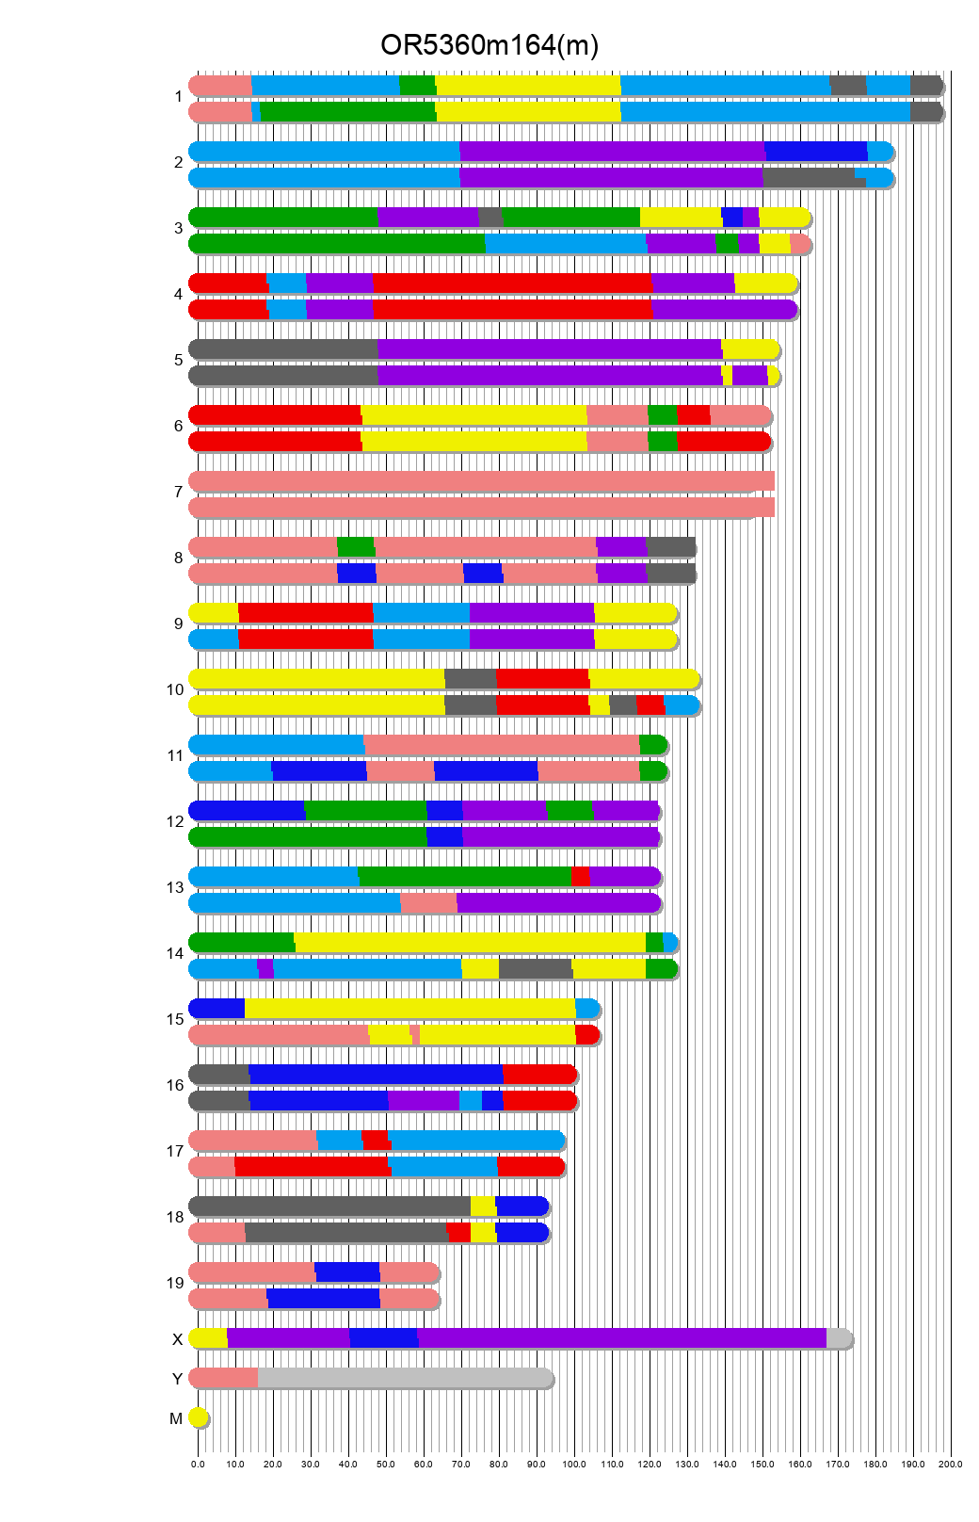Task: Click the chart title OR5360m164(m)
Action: tap(489, 45)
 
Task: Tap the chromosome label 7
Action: tap(178, 492)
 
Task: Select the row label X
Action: tap(177, 1339)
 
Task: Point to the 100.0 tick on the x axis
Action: tap(574, 1464)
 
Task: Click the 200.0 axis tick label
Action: tap(950, 1464)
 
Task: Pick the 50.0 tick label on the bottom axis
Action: tap(386, 1464)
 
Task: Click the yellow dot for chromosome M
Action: tap(198, 1417)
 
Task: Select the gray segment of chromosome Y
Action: tap(405, 1378)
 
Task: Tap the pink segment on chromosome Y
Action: tap(224, 1378)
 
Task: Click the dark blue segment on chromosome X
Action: tap(383, 1338)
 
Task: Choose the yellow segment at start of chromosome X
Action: tap(209, 1338)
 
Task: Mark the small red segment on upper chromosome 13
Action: tap(580, 877)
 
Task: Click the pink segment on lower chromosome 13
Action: tap(428, 903)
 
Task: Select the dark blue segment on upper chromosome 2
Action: tap(815, 152)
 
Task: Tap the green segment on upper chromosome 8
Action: tap(355, 547)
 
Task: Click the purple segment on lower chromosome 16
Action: tap(423, 1101)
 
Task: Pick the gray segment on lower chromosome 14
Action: tap(535, 969)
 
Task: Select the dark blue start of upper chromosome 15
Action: tap(217, 1009)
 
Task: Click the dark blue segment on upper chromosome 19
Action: tap(346, 1272)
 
